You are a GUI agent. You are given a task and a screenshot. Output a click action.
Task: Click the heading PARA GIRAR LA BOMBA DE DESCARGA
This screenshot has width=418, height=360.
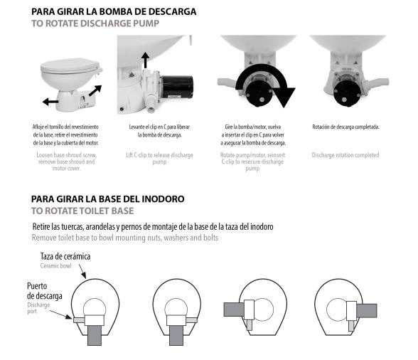point(114,11)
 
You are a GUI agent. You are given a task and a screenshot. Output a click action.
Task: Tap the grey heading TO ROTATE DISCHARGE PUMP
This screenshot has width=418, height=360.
point(95,23)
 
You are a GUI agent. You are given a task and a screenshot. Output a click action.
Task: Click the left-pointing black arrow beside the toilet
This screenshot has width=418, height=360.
point(50,102)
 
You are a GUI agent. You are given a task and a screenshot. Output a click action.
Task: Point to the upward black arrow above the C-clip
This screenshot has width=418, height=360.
point(146,60)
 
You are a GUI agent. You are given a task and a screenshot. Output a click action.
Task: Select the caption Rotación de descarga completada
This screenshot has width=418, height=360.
point(345,127)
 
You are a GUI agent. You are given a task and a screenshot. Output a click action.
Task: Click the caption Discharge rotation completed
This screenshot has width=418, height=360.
point(345,154)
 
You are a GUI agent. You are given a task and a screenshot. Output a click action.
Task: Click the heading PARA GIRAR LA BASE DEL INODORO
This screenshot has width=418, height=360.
point(107,198)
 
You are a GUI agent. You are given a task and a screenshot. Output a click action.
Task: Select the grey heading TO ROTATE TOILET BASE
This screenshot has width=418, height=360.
point(82,211)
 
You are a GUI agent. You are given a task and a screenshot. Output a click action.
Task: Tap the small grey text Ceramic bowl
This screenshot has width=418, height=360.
point(55,266)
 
